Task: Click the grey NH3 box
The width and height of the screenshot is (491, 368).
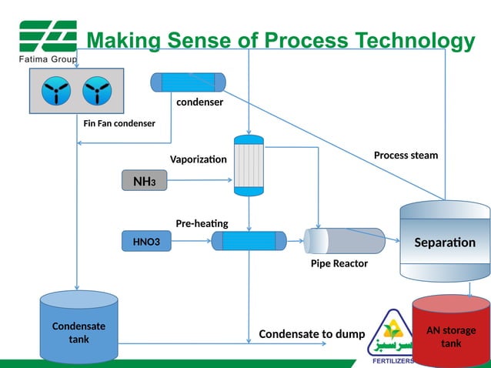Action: [144, 181]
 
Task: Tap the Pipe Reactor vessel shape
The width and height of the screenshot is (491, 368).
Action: [344, 241]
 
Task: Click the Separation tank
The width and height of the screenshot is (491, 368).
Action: [444, 242]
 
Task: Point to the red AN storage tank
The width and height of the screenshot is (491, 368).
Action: [451, 331]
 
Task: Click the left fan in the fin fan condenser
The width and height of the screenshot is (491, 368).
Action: [56, 93]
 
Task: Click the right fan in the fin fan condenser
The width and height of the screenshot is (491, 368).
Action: [97, 93]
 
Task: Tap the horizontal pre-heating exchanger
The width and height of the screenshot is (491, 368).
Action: [248, 242]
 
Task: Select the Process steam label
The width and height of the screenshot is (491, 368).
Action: [406, 156]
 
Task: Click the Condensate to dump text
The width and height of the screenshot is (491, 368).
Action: [312, 334]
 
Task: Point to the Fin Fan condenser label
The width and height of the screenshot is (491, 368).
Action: [119, 123]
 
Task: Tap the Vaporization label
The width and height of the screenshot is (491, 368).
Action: [199, 159]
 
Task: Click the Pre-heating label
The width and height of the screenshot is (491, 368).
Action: [202, 223]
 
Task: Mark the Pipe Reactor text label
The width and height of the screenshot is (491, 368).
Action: [339, 263]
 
